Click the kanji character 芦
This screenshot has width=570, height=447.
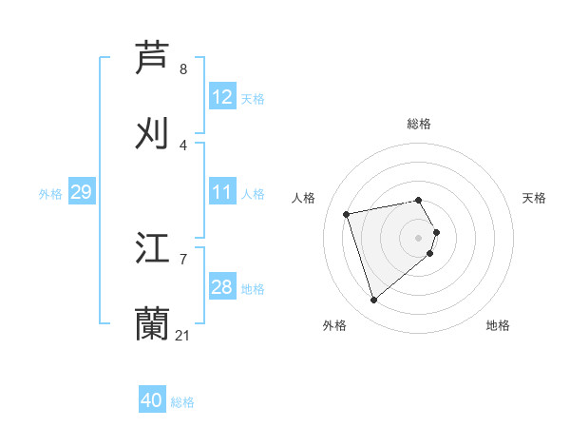[x=153, y=57]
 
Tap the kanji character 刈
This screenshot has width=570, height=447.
[x=153, y=133]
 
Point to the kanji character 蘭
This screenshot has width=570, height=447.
[x=153, y=323]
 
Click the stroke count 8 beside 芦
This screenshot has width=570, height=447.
[x=183, y=69]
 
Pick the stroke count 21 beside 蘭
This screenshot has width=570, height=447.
[x=183, y=335]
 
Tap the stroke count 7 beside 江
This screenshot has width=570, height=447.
[x=183, y=259]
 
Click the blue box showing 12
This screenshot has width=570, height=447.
[x=222, y=97]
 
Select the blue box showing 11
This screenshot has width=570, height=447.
[x=222, y=192]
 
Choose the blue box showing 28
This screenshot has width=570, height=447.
[x=222, y=287]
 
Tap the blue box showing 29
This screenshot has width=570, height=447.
[x=82, y=192]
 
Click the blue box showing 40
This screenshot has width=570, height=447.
[x=152, y=400]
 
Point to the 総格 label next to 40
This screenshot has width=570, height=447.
[x=182, y=402]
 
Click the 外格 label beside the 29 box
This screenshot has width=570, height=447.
[x=50, y=194]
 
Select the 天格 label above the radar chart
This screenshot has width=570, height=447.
[x=534, y=198]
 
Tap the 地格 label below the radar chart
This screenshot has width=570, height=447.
[x=498, y=325]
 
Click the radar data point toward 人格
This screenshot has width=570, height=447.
[x=347, y=213]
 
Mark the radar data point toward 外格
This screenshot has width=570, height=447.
[x=373, y=300]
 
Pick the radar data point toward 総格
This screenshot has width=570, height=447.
[x=418, y=200]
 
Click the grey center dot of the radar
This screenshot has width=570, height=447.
[x=418, y=237]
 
